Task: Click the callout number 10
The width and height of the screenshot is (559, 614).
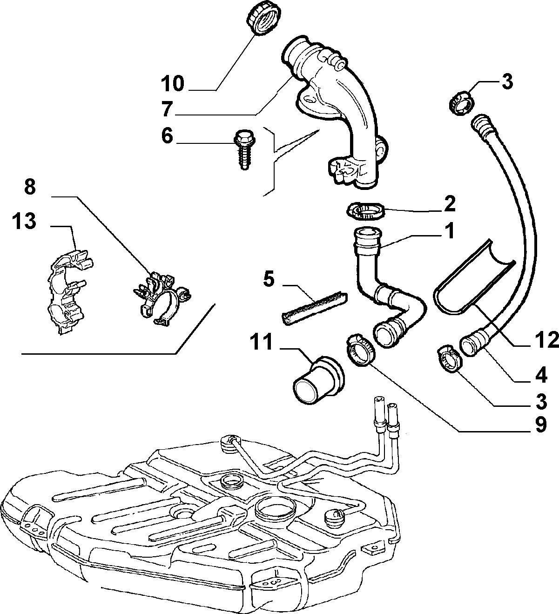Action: pos(173,83)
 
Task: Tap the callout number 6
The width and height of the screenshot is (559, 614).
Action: pos(167,136)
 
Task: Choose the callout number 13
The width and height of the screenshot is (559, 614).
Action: pos(24,221)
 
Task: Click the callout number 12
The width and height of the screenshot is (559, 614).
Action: pos(546,340)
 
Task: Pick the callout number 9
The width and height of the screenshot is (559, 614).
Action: pos(541,425)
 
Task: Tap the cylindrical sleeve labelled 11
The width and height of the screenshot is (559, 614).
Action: pos(318,380)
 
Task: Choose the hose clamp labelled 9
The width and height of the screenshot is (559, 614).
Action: pos(360,349)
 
